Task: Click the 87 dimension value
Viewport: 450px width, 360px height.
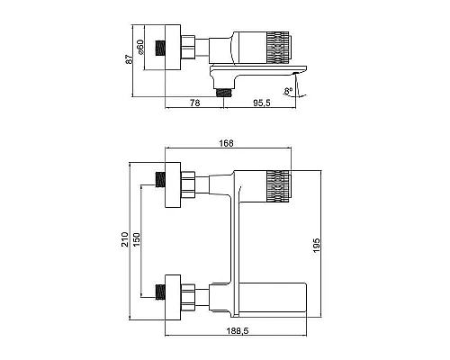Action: pos(129,59)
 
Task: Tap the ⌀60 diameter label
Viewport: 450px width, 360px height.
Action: pos(141,47)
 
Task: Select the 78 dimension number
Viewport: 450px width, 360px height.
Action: pos(194,103)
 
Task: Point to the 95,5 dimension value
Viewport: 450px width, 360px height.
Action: pos(262,103)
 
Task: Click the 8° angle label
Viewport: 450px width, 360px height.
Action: pos(289,91)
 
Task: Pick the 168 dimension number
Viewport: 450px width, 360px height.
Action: pos(226,143)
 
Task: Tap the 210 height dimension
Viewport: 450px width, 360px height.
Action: pos(125,239)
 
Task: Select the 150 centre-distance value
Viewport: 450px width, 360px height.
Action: pos(137,239)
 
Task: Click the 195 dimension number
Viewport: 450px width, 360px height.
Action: pos(317,246)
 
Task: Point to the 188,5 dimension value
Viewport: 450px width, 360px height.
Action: pos(238,331)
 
